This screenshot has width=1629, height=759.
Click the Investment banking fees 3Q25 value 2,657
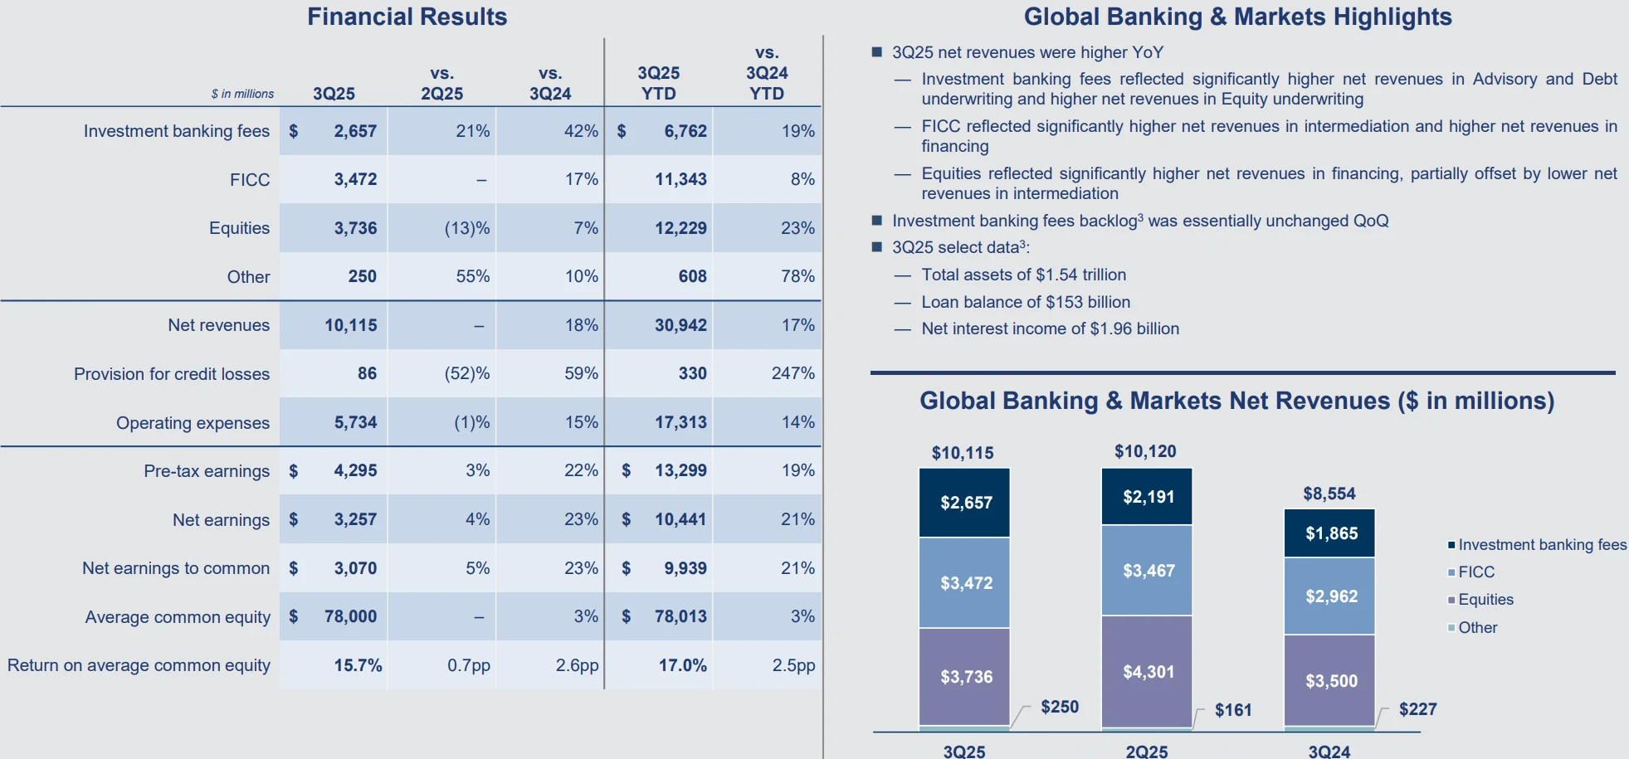(354, 131)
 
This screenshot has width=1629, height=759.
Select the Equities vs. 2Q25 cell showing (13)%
(466, 228)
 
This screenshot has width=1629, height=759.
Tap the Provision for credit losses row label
(172, 374)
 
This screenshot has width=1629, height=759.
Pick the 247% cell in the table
(793, 373)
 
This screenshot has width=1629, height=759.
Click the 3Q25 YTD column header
(658, 83)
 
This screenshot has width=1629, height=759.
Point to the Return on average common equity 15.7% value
(358, 665)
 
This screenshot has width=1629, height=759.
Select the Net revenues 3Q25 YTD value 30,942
(680, 325)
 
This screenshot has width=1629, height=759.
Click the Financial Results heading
(407, 17)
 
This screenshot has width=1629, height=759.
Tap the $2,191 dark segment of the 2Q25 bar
(1148, 497)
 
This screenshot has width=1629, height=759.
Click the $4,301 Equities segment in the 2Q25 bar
(1148, 672)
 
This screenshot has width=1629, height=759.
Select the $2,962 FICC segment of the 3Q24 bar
(1330, 596)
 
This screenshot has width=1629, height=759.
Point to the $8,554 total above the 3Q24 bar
(1329, 494)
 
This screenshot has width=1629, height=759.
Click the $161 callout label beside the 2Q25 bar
(1232, 710)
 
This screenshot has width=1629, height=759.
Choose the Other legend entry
(1477, 628)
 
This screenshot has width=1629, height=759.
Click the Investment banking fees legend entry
(1541, 545)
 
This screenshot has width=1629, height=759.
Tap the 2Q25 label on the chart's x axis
(1146, 751)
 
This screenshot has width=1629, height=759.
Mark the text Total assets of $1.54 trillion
(1023, 275)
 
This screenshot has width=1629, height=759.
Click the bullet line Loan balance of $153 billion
(1025, 302)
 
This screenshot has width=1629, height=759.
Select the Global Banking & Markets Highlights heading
(1236, 17)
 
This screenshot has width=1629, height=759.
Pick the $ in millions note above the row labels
(242, 94)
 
